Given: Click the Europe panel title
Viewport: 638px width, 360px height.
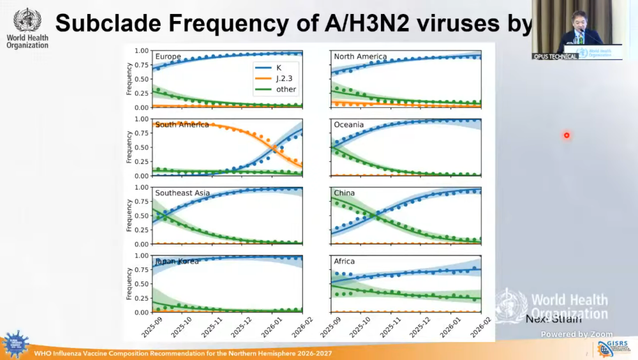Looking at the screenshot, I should (168, 57).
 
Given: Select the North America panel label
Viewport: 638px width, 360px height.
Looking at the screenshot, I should (360, 57).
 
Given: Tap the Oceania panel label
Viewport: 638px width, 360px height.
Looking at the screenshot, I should (349, 124).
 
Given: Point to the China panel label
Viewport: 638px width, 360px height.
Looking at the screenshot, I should (345, 193).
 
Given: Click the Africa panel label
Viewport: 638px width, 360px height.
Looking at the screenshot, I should (345, 261).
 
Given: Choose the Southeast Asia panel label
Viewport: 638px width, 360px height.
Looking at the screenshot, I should (182, 193).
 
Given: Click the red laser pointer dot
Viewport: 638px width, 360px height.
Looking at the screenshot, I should (566, 135).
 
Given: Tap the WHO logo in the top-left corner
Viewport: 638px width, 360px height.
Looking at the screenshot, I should (27, 21).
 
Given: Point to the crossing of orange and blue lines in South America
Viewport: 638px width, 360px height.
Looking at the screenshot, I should (274, 147).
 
